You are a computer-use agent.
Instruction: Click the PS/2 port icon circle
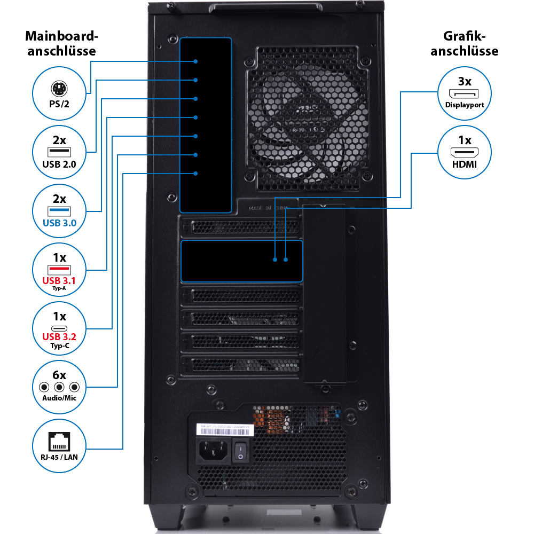pyautogui.click(x=59, y=93)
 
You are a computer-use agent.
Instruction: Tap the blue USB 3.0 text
pyautogui.click(x=59, y=222)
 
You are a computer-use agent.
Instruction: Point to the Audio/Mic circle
pyautogui.click(x=59, y=387)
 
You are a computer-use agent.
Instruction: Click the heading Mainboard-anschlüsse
pyautogui.click(x=62, y=44)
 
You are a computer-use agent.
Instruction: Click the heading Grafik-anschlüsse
pyautogui.click(x=464, y=44)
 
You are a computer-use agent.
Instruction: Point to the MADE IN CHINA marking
pyautogui.click(x=268, y=208)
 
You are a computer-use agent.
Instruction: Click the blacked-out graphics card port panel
pyautogui.click(x=242, y=261)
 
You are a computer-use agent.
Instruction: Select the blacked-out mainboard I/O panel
pyautogui.click(x=206, y=125)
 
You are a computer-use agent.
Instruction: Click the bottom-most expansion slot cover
pyautogui.click(x=241, y=365)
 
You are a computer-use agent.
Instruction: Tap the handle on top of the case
pyautogui.click(x=265, y=7)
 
